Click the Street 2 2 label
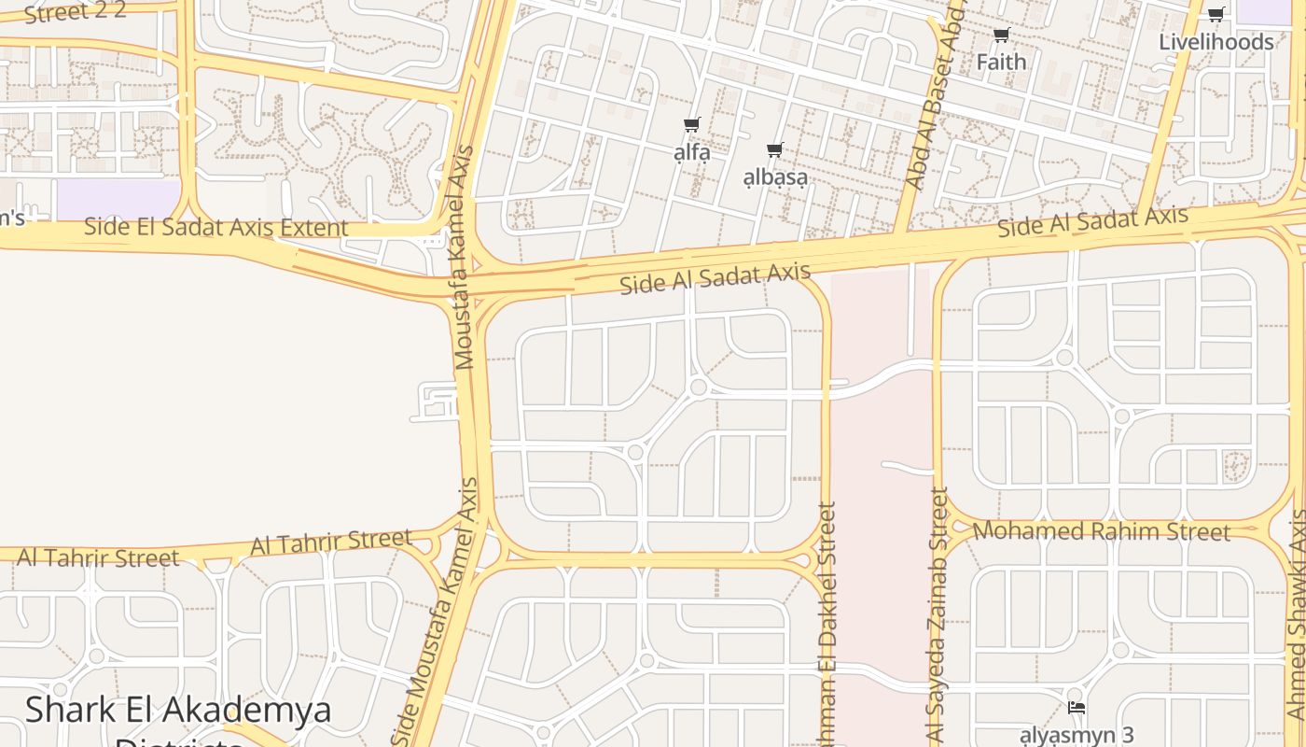pos(75,12)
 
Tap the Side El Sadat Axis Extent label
pos(215,227)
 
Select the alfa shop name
pos(692,152)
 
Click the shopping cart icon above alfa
pos(691,125)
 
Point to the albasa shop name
pos(775,177)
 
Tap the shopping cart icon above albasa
pos(774,149)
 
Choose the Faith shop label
pos(1001,63)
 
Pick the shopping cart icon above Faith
pos(1001,35)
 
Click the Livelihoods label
pos(1216,42)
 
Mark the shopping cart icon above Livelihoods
pos(1216,14)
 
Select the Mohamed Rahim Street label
pos(1101,531)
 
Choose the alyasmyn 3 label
pos(1076,735)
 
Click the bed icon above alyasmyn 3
pos(1076,708)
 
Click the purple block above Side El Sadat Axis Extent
pos(118,199)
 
